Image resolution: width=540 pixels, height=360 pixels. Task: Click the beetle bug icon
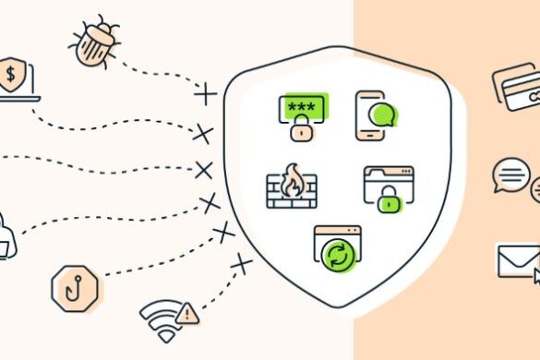[94, 42]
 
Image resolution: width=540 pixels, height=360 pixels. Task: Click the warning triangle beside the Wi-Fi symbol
[187, 313]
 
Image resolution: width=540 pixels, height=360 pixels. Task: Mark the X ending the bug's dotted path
[205, 93]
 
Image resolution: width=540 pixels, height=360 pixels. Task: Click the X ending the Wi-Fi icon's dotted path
[242, 266]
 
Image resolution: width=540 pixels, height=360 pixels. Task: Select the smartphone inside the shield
[368, 115]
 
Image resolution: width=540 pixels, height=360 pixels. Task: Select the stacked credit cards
[517, 87]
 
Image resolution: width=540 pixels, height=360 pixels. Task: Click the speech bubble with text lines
[510, 174]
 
